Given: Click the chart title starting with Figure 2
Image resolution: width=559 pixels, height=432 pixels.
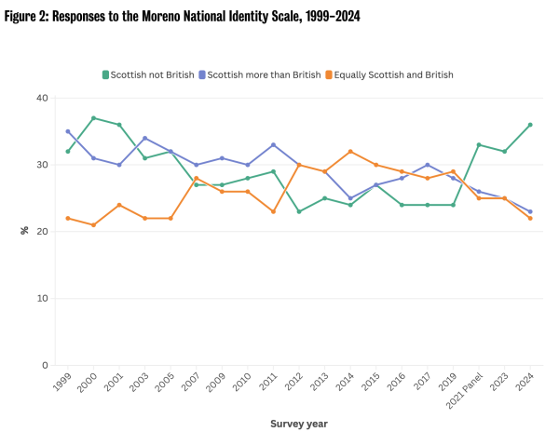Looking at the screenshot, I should [183, 17].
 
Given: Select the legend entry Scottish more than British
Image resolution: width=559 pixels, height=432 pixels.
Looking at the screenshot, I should [264, 74].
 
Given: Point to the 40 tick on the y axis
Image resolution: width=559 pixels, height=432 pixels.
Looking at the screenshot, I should [41, 98].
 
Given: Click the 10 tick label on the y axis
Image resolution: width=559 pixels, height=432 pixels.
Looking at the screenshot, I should [41, 299].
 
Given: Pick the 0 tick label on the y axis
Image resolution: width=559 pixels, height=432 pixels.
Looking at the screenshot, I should [44, 366].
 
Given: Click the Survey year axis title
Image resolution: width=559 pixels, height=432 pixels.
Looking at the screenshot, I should [299, 423].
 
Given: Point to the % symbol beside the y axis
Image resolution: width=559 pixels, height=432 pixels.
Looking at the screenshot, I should [25, 231].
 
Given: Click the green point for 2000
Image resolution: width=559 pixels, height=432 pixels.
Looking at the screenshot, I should [94, 118].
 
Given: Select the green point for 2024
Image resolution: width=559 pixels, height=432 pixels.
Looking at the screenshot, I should [530, 125].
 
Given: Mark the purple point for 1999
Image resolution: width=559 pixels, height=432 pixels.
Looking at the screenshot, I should [68, 131].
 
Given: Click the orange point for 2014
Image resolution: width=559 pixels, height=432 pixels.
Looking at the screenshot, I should [350, 151].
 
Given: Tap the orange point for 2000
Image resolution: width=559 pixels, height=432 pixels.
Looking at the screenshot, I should [94, 224].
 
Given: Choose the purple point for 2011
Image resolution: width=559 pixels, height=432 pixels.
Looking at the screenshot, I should [273, 144].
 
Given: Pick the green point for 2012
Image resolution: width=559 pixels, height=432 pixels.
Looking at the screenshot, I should [299, 211].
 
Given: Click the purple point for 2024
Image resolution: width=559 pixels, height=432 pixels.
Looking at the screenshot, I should [530, 211].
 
